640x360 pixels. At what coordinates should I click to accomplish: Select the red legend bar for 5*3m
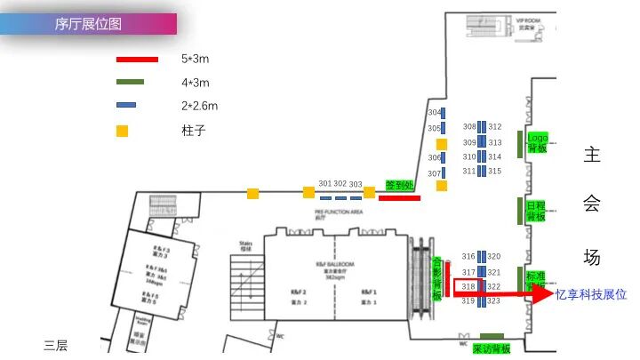[x=137, y=60]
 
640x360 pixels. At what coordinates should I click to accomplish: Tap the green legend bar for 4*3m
[x=137, y=83]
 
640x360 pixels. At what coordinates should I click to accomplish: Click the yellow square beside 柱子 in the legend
[x=123, y=131]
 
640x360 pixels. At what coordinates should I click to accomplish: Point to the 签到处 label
[x=399, y=185]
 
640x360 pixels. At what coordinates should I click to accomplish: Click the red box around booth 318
[x=468, y=286]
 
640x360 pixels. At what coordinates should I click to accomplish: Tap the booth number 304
[x=434, y=113]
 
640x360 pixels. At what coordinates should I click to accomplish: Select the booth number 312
[x=495, y=127]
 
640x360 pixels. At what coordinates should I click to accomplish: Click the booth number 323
[x=495, y=301]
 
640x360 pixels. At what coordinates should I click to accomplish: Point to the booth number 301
[x=324, y=184]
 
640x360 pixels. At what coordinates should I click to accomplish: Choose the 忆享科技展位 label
[x=591, y=294]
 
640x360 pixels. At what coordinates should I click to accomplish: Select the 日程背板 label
[x=536, y=211]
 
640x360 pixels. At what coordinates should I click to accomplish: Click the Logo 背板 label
[x=537, y=143]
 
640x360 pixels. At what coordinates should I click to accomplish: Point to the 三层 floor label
[x=56, y=346]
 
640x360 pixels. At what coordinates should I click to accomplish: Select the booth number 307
[x=434, y=173]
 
